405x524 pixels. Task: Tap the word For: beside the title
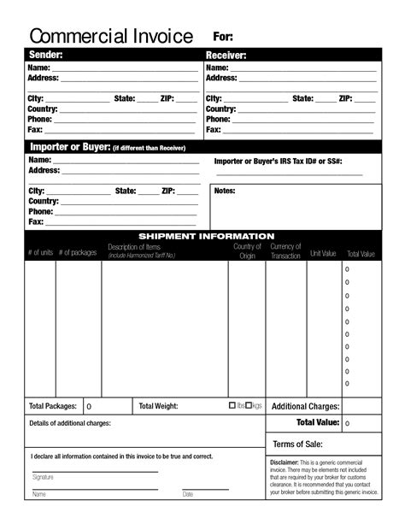tap(222, 38)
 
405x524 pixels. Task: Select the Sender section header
tap(46, 56)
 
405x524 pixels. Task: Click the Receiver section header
tap(226, 56)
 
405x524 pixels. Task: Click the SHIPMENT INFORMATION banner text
tap(206, 236)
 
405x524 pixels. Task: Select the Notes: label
tap(225, 191)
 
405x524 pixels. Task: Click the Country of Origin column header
tap(247, 251)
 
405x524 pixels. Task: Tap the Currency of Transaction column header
tap(285, 251)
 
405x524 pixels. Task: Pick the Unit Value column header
tap(323, 254)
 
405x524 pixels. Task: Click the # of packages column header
tap(78, 252)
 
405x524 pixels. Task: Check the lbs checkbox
tap(232, 405)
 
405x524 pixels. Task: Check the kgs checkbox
tap(249, 405)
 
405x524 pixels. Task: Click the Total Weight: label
tap(158, 406)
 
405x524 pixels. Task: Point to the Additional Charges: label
tap(305, 407)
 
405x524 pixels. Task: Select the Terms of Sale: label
tap(297, 444)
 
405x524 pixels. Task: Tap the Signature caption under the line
tap(43, 477)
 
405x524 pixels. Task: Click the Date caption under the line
tap(187, 494)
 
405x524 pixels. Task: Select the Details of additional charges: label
tap(70, 423)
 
